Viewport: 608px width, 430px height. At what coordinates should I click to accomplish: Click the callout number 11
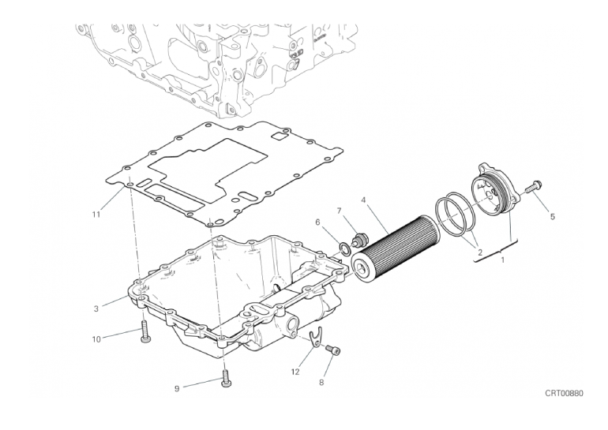(x=96, y=214)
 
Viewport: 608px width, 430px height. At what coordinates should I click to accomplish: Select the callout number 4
(x=363, y=200)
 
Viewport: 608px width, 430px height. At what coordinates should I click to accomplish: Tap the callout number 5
(x=553, y=217)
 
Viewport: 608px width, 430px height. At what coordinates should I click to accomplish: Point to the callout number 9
(x=177, y=388)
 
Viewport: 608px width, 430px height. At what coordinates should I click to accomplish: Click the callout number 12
(x=295, y=372)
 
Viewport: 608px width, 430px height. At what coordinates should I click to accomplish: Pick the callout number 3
(x=96, y=308)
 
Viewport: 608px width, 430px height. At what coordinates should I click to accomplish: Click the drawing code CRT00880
(x=565, y=393)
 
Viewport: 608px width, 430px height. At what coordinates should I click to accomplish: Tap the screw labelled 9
(x=225, y=379)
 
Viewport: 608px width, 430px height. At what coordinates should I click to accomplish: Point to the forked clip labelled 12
(x=317, y=338)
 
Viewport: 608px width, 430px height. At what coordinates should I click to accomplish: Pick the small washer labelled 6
(x=344, y=249)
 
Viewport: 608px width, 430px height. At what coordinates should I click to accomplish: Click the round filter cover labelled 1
(x=494, y=191)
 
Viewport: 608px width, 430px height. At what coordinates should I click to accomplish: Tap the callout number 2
(x=480, y=253)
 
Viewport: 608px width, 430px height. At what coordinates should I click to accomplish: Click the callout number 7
(x=339, y=211)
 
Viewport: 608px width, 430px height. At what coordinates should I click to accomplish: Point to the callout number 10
(x=96, y=340)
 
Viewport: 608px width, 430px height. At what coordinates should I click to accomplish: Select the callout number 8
(x=321, y=383)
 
